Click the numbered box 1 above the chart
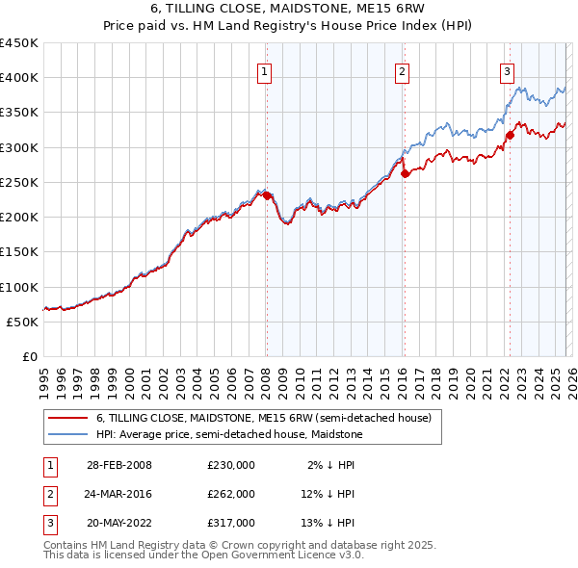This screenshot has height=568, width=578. coord(265,69)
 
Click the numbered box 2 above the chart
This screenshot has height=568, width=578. coord(402,69)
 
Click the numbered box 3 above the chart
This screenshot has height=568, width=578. coord(507,69)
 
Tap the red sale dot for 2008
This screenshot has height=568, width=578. coord(267,196)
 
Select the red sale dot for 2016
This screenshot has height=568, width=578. coord(405,174)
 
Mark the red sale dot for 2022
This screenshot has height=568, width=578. coord(510,136)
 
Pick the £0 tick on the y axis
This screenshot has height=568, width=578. coord(30,356)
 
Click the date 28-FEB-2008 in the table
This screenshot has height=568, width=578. coord(119,465)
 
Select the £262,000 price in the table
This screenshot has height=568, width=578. coord(231,494)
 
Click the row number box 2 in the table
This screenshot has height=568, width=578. coord(49,494)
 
